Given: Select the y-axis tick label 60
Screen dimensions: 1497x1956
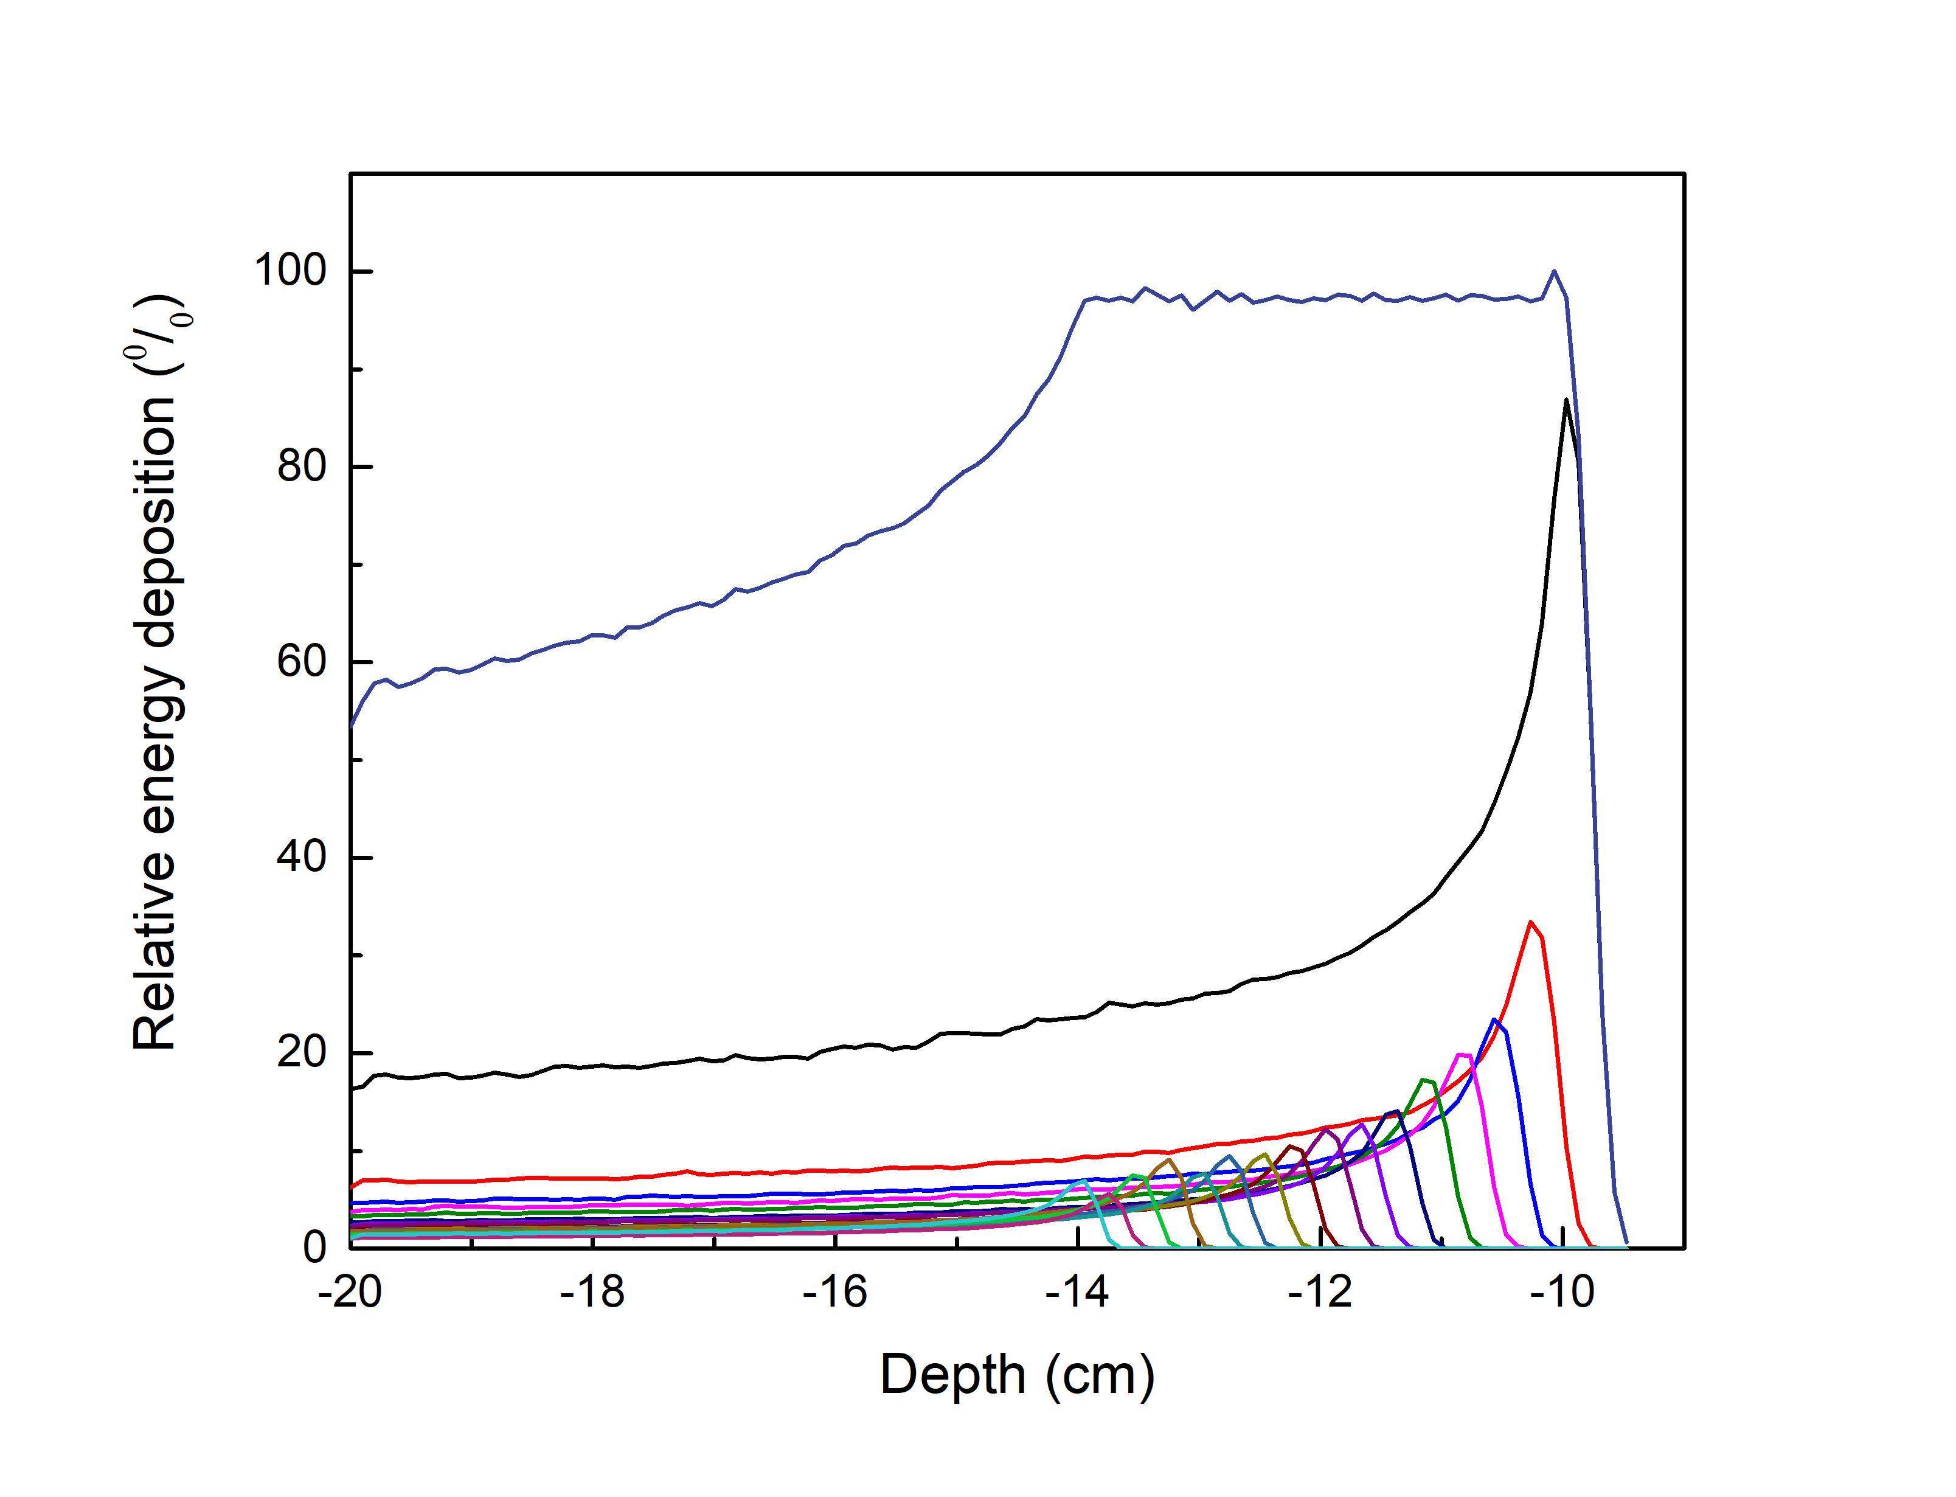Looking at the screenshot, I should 300,662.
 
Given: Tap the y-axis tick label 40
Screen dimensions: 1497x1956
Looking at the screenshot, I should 300,857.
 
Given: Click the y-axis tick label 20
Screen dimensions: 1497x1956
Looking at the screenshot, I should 300,1053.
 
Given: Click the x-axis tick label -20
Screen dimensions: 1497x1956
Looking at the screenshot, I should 351,1292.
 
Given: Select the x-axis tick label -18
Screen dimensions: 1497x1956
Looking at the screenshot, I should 592,1292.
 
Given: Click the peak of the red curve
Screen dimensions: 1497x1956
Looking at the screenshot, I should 1531,922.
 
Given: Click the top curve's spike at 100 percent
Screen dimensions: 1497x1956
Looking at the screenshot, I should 1555,271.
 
